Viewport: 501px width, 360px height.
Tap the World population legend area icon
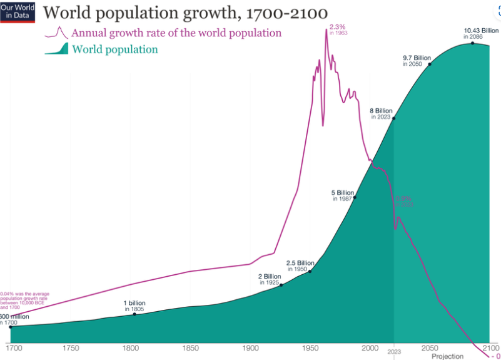tap(56, 49)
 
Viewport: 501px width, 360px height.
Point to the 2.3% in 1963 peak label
tap(338, 29)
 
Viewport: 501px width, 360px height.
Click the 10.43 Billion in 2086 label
tap(481, 33)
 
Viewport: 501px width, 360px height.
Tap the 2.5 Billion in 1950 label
tap(300, 265)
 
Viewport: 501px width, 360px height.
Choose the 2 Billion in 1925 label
tap(270, 279)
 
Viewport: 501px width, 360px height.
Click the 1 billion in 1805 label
tap(134, 306)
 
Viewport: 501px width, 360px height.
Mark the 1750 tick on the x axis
tap(70, 347)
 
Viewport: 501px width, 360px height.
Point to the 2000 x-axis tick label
tap(370, 347)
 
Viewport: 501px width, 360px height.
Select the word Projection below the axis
tap(448, 356)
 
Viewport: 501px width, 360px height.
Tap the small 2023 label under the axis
tap(394, 352)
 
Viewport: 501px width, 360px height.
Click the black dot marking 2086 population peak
tap(472, 43)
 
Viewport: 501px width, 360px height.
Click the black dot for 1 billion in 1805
tap(134, 314)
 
